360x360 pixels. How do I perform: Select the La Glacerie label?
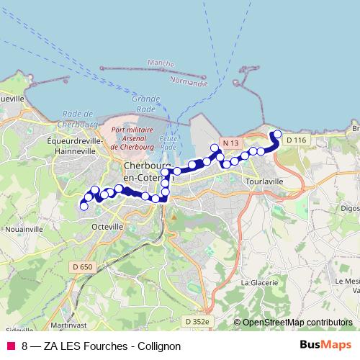coord(259,283)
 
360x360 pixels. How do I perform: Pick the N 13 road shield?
coord(230,143)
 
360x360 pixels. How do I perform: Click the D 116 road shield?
coord(294,139)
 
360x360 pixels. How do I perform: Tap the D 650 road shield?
coord(82,267)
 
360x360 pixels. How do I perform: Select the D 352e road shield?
coord(196,321)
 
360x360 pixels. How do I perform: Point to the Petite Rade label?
coord(168,142)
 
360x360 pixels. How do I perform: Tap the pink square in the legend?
coord(10,346)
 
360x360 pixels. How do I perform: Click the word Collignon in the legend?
coord(156,346)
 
